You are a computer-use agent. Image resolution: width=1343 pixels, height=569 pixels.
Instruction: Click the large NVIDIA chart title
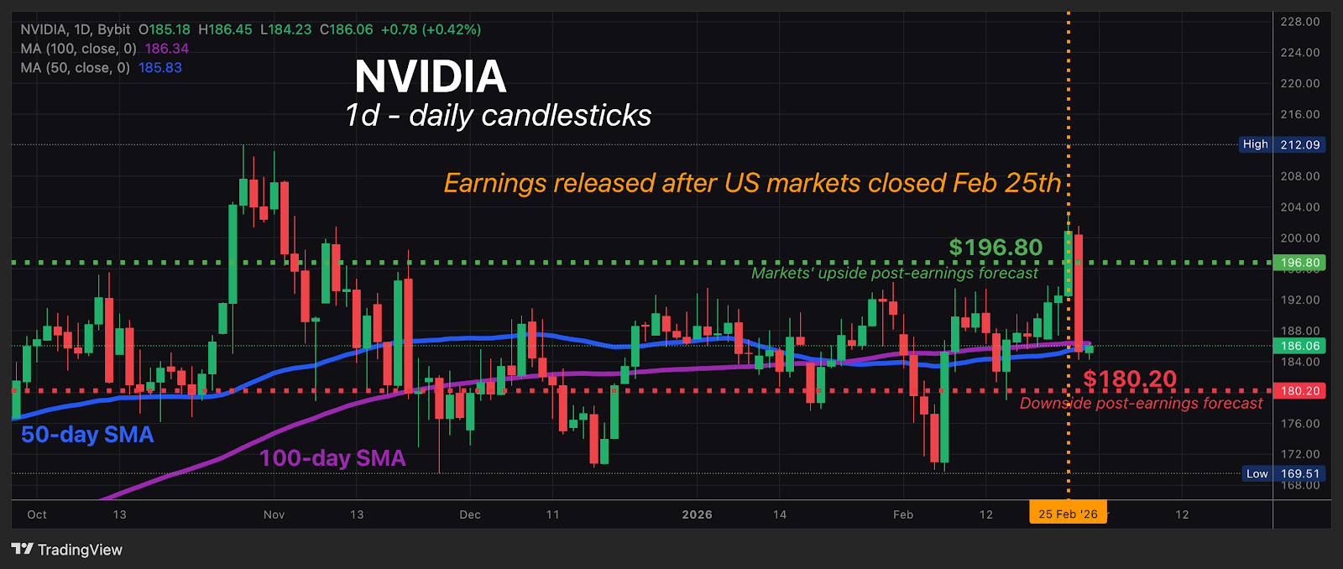(431, 77)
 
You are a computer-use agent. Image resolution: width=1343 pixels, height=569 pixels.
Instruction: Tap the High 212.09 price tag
(1283, 144)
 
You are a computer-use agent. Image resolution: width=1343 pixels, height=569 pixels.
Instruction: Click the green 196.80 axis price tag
(1299, 263)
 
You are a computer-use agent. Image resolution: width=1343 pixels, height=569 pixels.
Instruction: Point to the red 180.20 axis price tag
(1299, 391)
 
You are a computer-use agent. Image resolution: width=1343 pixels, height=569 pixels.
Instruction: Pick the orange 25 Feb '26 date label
(1068, 514)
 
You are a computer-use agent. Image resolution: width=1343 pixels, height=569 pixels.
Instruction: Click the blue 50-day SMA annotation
(87, 435)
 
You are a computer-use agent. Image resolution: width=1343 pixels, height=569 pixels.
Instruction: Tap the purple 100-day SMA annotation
(332, 458)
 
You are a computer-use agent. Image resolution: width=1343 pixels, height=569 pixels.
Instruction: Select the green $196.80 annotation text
(995, 248)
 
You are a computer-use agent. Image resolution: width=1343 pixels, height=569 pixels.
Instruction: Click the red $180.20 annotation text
(1130, 379)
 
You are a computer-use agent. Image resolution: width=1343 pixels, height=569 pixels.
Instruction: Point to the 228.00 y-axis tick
(1299, 22)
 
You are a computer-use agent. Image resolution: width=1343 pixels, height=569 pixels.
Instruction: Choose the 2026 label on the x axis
(697, 514)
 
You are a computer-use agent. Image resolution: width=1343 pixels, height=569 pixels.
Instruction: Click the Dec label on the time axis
(470, 514)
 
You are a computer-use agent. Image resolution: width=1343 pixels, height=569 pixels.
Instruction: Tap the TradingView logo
(67, 550)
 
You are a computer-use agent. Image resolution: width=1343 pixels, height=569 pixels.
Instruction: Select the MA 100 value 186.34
(167, 49)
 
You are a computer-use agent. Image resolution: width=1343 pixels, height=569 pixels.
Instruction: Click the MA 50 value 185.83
(160, 68)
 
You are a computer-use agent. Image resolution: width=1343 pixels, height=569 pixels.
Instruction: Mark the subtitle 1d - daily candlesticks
(498, 116)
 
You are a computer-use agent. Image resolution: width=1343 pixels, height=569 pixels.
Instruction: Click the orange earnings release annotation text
(752, 183)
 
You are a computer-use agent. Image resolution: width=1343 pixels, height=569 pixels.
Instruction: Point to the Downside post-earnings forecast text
(1141, 404)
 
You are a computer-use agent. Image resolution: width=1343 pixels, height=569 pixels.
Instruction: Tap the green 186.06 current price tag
(1299, 346)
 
